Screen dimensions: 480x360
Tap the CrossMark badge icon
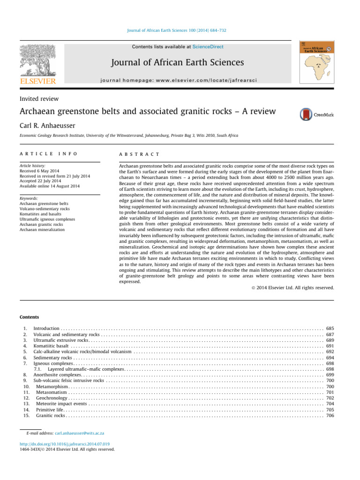316,114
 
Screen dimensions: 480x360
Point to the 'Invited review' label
39,99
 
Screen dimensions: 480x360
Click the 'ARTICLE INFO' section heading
42,154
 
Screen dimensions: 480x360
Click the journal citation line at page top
180,30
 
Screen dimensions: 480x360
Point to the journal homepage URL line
180,75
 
